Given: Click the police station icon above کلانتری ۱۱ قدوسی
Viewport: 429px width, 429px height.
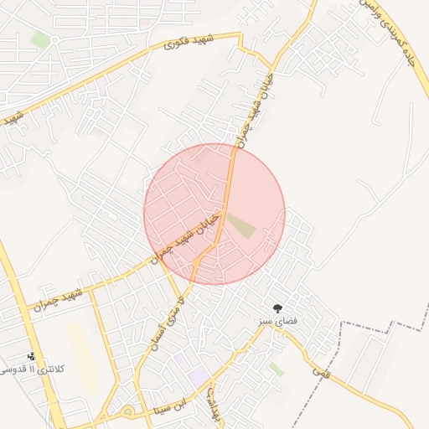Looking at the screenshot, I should pos(32,356).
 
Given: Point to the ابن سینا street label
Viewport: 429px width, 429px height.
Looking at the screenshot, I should pos(168,410).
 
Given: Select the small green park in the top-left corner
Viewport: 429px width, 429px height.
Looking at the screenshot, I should pos(39,39).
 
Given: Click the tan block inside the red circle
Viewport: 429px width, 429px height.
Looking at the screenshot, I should pos(240,225).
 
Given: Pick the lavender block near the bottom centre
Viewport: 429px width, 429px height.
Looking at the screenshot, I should pos(199,376).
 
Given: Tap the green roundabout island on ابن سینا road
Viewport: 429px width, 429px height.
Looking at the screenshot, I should pos(128,411).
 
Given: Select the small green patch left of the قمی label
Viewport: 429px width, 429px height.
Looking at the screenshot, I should pos(276,368).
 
